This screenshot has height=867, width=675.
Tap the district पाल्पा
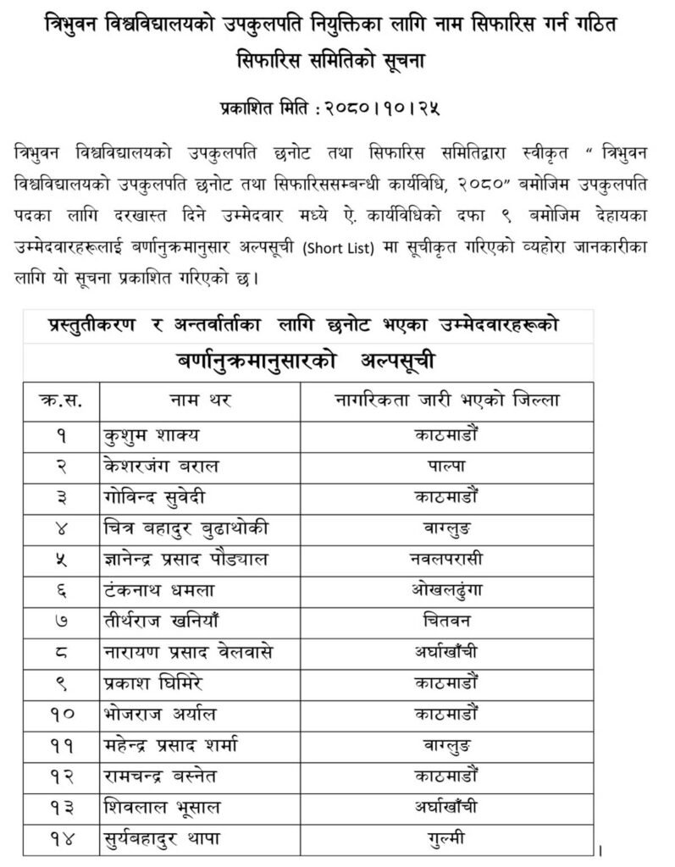pos(442,466)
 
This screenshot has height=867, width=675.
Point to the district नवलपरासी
pos(442,558)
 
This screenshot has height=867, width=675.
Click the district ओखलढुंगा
pos(442,589)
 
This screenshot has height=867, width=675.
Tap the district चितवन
pos(442,620)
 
